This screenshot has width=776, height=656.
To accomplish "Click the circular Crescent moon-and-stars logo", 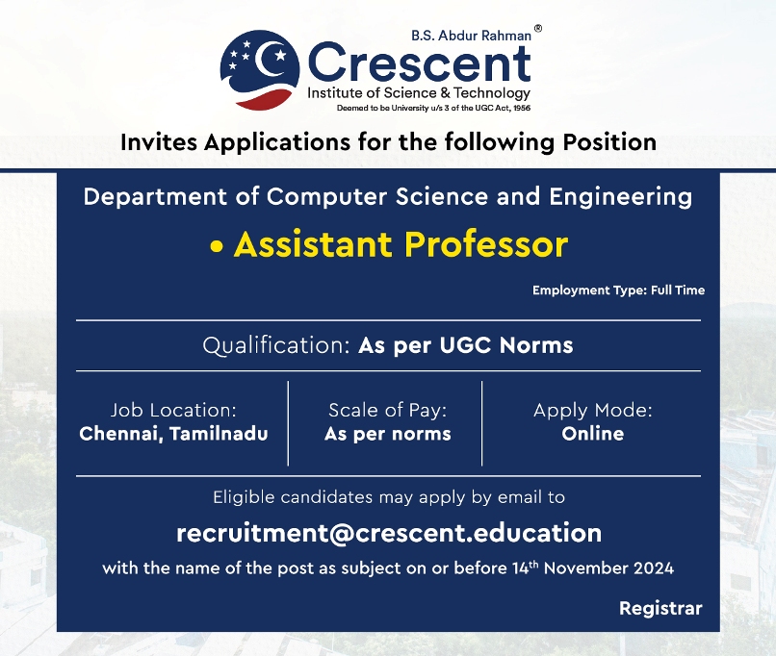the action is [x=260, y=69].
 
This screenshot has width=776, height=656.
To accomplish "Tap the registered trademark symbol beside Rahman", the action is [x=538, y=29].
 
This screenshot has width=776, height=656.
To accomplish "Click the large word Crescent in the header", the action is [x=420, y=63].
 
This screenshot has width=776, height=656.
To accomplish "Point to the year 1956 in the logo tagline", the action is [x=522, y=108].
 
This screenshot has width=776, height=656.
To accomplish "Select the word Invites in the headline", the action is [x=160, y=142].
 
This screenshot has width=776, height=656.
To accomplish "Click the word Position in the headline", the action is [x=609, y=142].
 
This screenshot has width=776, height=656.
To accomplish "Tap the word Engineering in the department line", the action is [x=621, y=197].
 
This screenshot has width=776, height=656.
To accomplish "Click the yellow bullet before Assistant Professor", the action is [x=217, y=246].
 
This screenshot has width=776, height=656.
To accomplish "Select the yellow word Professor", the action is [x=486, y=244].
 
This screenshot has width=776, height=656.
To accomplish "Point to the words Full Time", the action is [x=678, y=290].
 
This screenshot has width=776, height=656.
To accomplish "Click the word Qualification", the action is [x=276, y=345].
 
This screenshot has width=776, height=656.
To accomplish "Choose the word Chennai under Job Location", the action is [x=121, y=434].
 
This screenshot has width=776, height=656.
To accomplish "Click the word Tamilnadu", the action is [x=219, y=434].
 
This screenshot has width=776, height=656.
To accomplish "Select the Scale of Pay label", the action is [x=387, y=411].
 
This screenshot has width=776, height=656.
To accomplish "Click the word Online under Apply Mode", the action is [x=593, y=434].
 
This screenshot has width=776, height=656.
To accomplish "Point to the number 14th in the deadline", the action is [x=525, y=568].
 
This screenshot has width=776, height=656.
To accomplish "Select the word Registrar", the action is [x=660, y=609].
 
